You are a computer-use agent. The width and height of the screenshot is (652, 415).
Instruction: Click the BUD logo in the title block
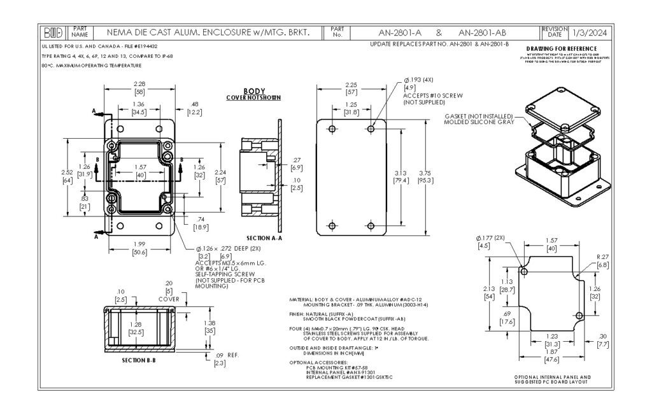pos(53,32)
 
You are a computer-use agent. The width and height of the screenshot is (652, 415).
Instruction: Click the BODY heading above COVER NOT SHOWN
pos(254,91)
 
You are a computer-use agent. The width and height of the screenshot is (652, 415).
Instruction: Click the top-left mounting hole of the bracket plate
pos(331,129)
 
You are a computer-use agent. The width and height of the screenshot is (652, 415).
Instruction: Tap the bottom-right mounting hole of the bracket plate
pos(371,225)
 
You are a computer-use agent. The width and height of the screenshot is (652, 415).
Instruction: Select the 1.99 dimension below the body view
pos(139,244)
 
